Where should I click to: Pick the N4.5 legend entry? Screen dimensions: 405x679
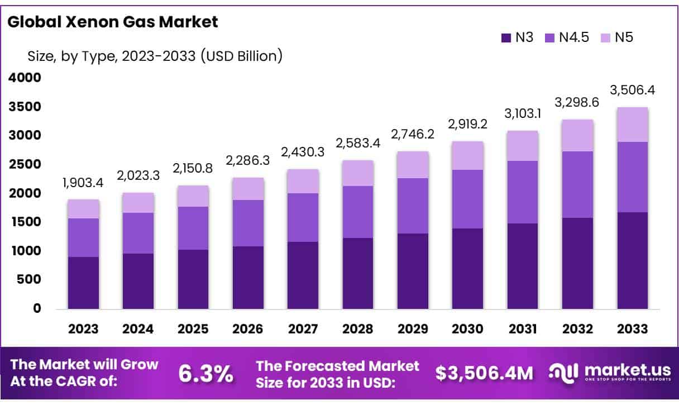tap(567, 38)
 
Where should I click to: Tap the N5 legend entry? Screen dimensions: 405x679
tap(617, 38)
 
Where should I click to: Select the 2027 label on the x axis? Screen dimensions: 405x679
tap(303, 328)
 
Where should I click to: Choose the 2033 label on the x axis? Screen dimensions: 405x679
tap(633, 328)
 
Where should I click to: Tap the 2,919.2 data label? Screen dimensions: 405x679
tap(468, 124)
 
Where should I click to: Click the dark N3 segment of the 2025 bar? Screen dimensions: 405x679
tap(193, 279)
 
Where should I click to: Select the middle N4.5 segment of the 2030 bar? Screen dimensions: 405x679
tap(468, 199)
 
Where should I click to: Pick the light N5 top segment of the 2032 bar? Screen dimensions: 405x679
tap(578, 135)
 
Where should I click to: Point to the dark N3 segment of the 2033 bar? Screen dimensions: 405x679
tap(633, 260)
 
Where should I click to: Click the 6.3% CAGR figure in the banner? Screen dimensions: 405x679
tap(205, 374)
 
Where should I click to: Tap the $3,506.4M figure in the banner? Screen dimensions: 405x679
tap(484, 374)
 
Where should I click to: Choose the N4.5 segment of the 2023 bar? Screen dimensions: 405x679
tap(84, 237)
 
